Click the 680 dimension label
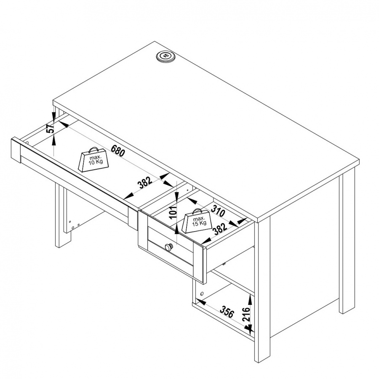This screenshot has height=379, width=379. [118, 150]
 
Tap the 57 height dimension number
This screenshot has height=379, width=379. [50, 129]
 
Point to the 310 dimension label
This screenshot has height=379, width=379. [218, 210]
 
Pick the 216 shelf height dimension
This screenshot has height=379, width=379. [246, 314]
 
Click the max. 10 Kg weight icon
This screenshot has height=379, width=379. [93, 160]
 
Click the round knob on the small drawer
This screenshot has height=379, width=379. [168, 247]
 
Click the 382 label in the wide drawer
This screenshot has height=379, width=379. [145, 183]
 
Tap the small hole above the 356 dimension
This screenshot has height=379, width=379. [202, 294]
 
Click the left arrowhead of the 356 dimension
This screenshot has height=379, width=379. [200, 302]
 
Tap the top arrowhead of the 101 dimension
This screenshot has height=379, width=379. [177, 197]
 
